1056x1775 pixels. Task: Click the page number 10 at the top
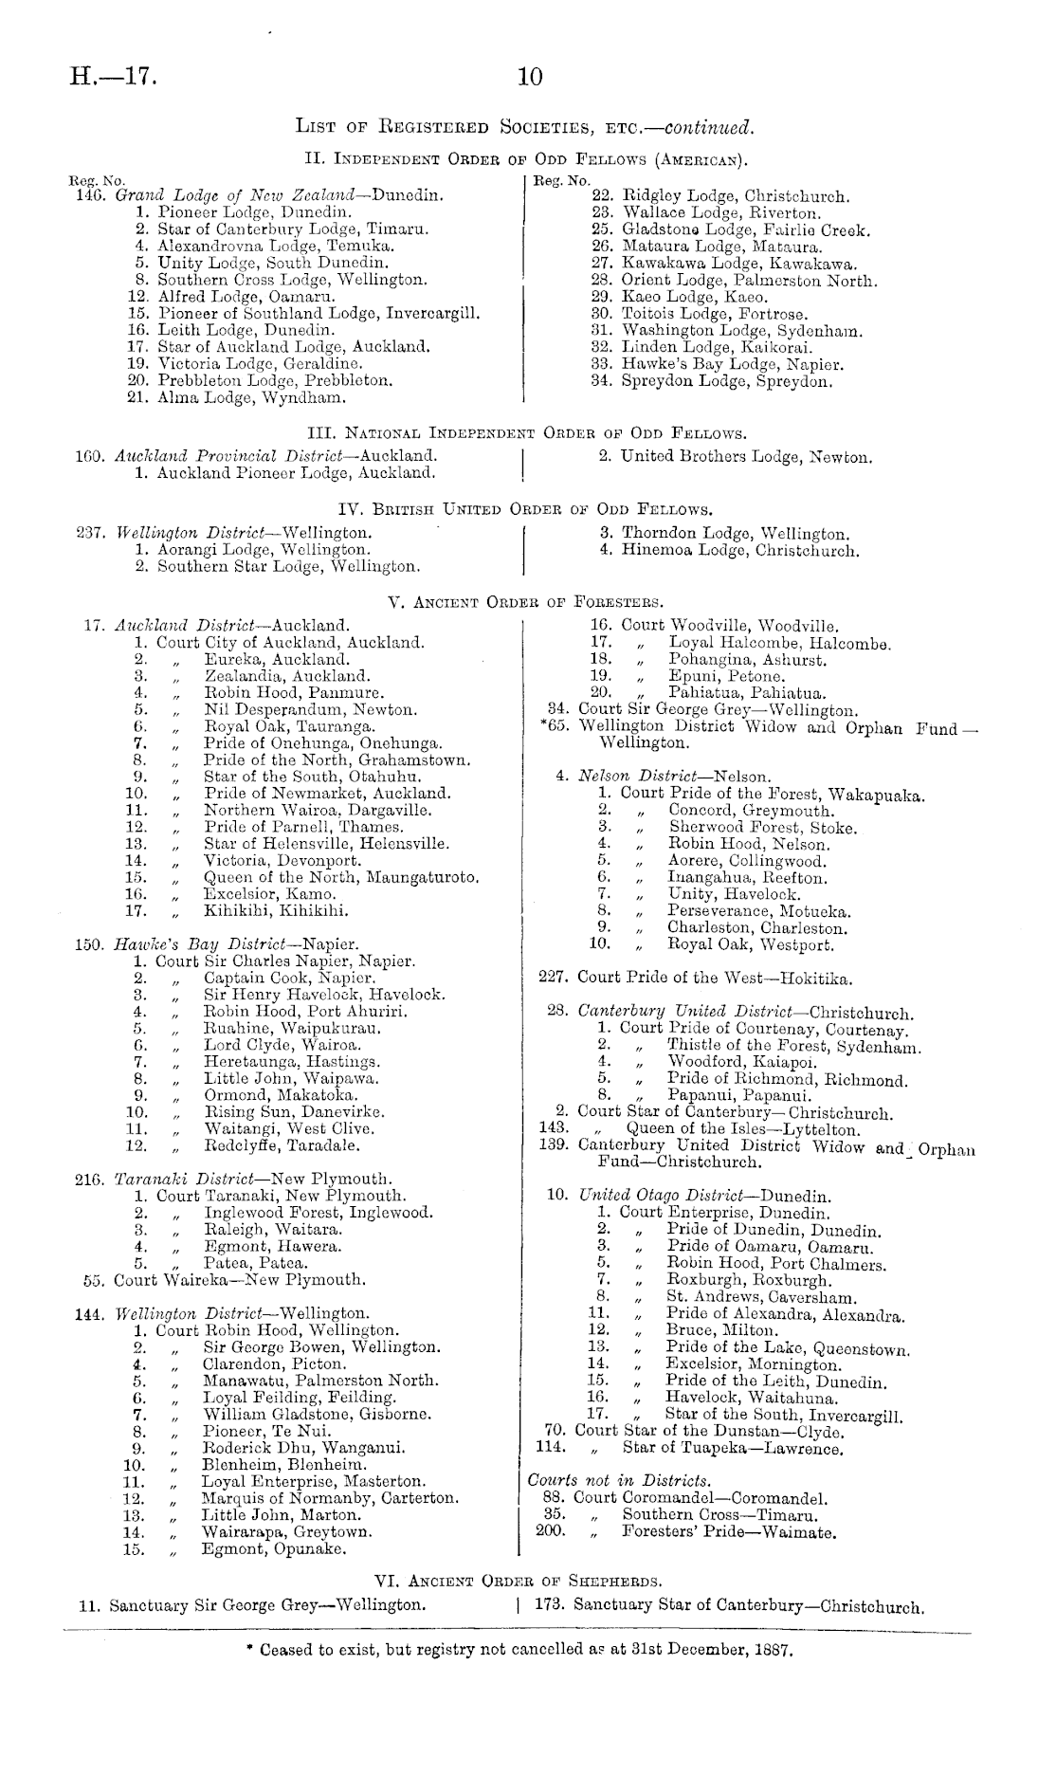coord(529,77)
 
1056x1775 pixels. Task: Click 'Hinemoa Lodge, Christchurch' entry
coord(740,550)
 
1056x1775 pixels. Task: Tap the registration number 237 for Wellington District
coord(90,533)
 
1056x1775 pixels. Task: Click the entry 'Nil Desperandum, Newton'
coord(310,709)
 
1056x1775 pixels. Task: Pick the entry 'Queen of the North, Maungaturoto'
coord(341,877)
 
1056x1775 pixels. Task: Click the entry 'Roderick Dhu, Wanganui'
coord(304,1448)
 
